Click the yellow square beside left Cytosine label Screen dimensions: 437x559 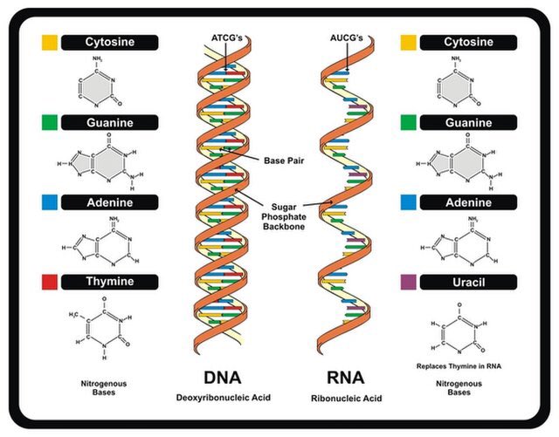coord(50,42)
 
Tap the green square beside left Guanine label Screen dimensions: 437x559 coord(50,122)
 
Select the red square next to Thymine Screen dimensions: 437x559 coord(50,282)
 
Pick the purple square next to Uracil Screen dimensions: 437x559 coord(408,282)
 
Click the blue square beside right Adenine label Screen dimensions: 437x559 coord(408,202)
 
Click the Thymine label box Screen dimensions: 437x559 coord(109,282)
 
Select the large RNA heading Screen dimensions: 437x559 coord(348,378)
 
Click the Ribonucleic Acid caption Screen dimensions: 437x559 coord(348,398)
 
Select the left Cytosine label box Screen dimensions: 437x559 coord(109,42)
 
